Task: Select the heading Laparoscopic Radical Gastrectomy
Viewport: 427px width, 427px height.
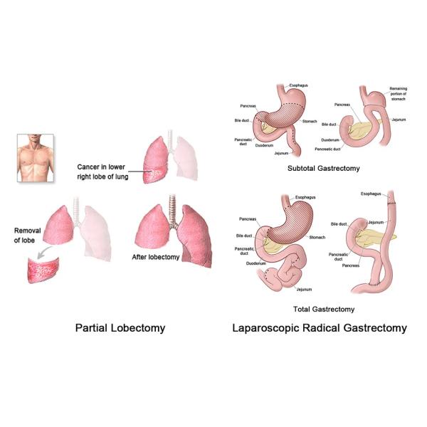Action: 319,328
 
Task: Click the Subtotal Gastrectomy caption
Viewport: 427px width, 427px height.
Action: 323,168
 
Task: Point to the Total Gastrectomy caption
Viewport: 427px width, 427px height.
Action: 324,310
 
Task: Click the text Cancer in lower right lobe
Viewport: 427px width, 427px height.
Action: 103,171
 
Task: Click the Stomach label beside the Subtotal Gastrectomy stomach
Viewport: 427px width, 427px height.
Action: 309,122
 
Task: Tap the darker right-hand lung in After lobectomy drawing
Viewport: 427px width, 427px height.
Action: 189,235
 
